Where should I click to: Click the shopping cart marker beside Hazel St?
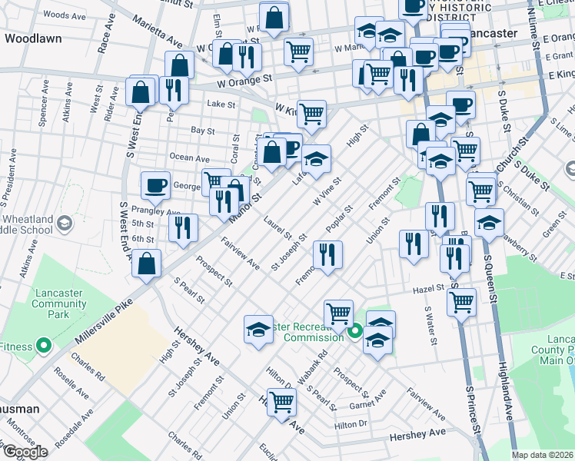point(461,300)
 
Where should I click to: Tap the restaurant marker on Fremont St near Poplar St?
point(327,255)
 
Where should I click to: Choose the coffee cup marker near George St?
point(156,184)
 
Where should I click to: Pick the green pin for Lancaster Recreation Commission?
point(355,333)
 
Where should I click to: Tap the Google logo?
point(25,452)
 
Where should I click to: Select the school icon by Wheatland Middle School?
point(65,224)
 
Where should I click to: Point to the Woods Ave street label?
point(65,15)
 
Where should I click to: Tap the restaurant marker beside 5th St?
point(184,227)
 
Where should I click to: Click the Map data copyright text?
point(543,454)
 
